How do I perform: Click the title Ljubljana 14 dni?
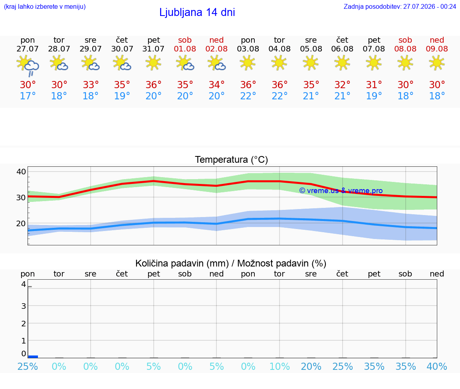197,12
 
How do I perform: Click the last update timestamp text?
400,6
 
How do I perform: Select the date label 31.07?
153,49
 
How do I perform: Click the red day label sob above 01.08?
185,40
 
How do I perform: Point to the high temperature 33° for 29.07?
91,85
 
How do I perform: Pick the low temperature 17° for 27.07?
28,96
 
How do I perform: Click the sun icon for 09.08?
437,63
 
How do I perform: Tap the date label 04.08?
280,49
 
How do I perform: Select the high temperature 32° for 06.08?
342,85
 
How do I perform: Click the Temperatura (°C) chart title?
232,160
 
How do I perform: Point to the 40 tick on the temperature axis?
21,172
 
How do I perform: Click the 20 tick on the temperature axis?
21,223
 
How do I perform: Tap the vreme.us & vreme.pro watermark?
341,191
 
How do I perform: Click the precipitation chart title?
231,263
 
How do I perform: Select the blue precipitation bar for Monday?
33,356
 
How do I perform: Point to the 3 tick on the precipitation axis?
24,306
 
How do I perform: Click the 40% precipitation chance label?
437,366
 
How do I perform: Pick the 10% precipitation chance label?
280,366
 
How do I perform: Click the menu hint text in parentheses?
45,6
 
